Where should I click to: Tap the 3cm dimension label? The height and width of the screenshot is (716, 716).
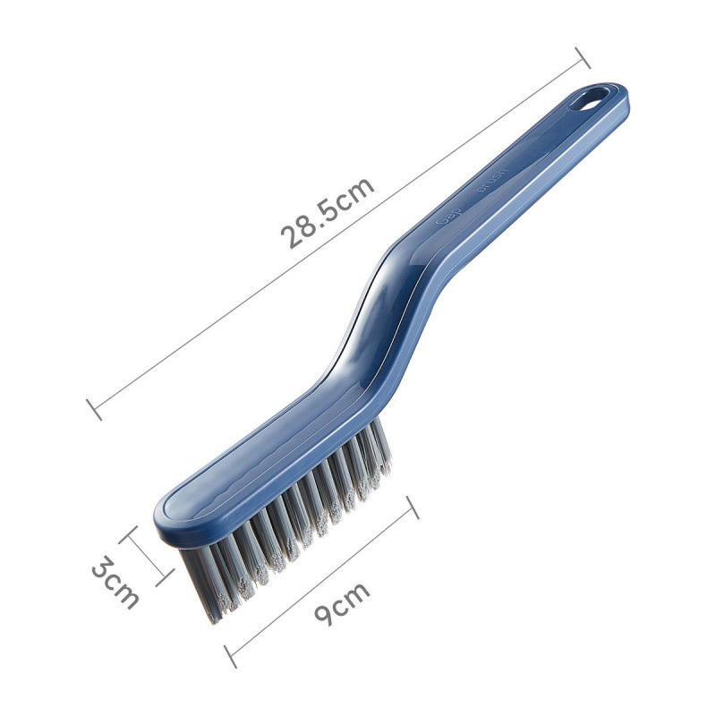(115, 583)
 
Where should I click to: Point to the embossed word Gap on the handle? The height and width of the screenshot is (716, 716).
(445, 217)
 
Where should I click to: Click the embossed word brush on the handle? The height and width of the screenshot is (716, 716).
(491, 179)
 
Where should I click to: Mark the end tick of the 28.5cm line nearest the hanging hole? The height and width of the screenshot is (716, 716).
(581, 58)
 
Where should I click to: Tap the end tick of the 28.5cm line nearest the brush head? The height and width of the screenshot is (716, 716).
(94, 409)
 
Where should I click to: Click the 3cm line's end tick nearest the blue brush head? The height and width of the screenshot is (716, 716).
(129, 535)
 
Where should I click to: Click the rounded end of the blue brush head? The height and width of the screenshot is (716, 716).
(170, 519)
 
